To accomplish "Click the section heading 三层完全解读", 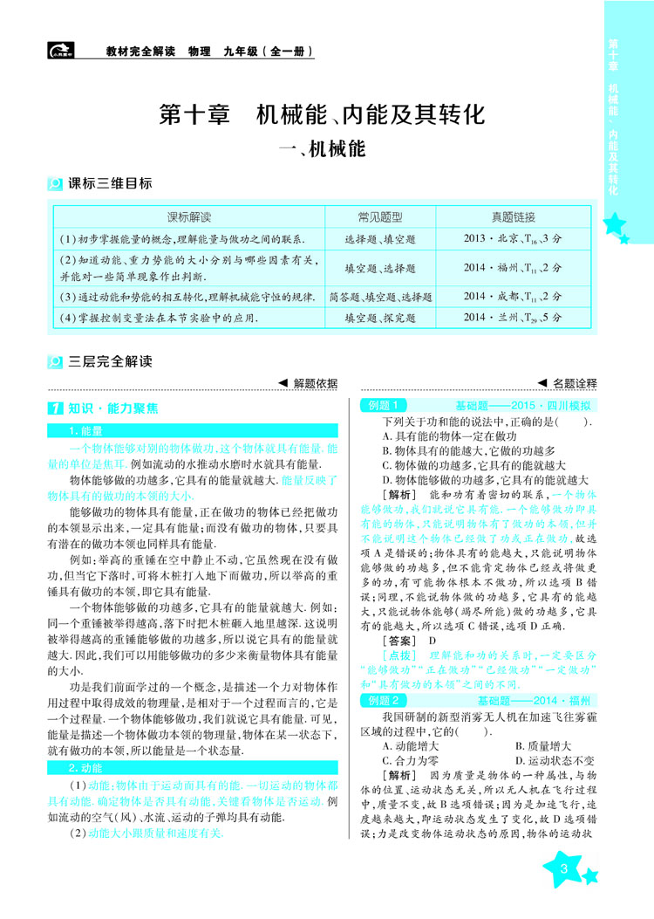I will [110, 360].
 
